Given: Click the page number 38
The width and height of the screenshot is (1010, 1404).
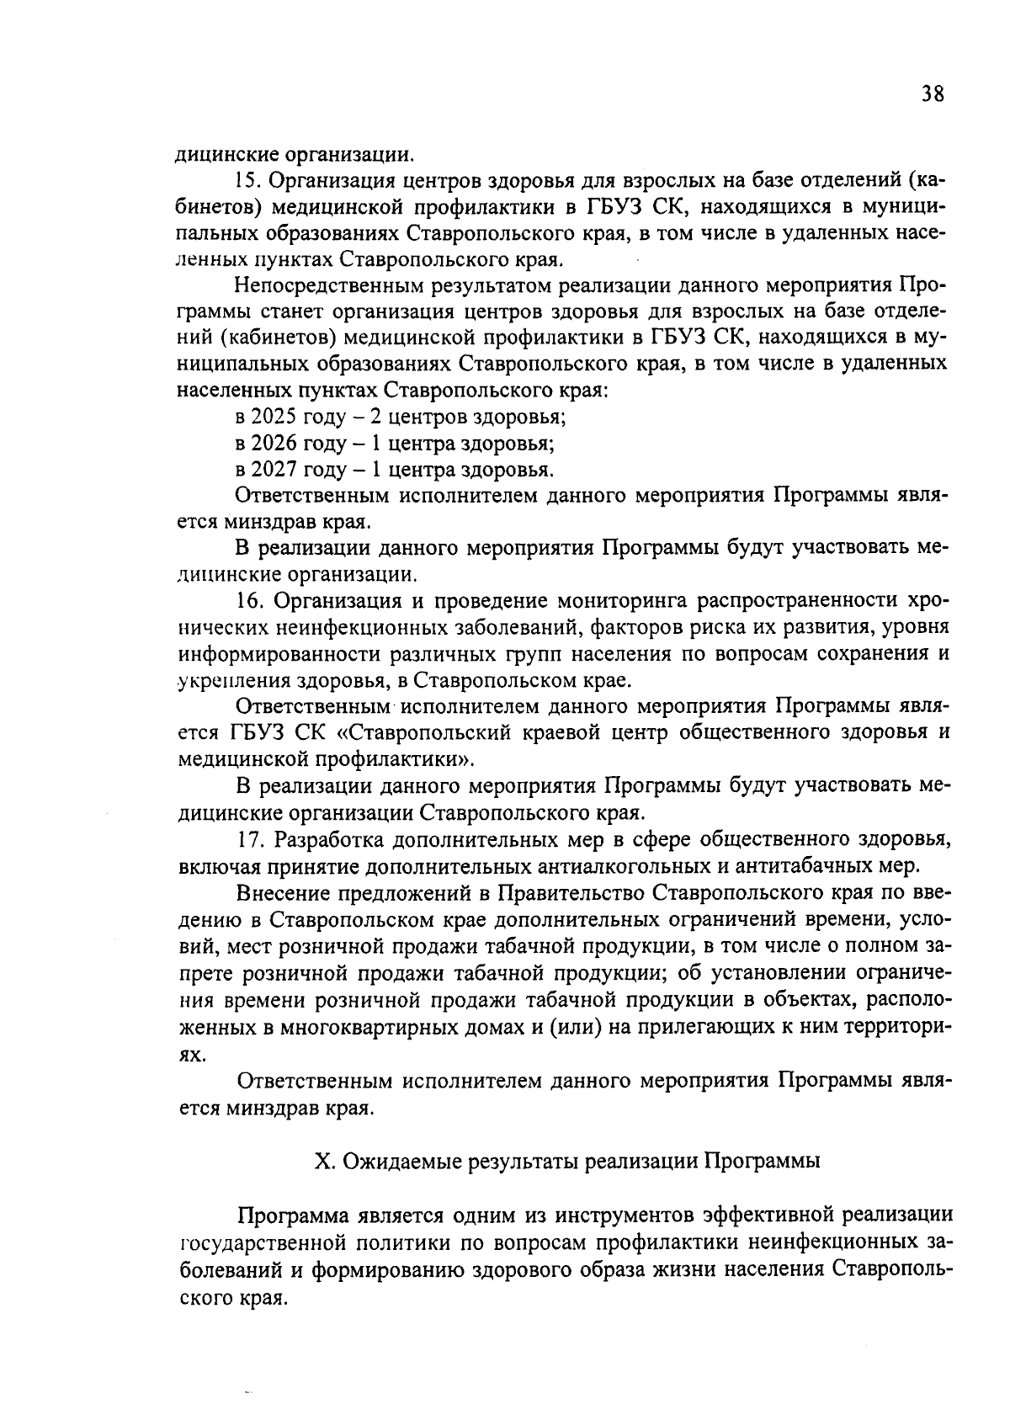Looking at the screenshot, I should pyautogui.click(x=932, y=93).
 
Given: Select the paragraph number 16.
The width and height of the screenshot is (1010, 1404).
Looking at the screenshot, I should pyautogui.click(x=249, y=601).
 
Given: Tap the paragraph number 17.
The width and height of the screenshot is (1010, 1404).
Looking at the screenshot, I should pyautogui.click(x=249, y=839).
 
